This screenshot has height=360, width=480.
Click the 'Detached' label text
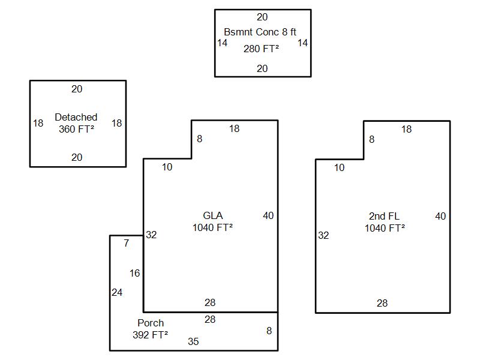(76, 117)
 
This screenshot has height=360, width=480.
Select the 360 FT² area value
(76, 128)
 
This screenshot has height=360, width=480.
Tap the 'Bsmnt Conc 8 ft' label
(260, 32)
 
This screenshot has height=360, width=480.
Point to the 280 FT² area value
(261, 49)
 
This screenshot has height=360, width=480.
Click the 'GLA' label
(212, 216)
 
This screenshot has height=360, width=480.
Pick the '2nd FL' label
(384, 216)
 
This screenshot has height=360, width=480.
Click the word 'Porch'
(150, 323)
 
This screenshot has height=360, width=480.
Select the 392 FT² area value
(150, 335)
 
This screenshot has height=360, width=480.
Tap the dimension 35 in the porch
(193, 341)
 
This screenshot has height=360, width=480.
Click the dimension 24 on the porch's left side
(117, 292)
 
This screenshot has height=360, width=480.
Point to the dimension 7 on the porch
(126, 243)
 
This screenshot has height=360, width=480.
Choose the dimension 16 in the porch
(134, 273)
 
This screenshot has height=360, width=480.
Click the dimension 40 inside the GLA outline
(268, 215)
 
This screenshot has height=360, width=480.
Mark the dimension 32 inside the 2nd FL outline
(323, 235)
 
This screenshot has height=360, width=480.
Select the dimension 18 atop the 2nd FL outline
(406, 129)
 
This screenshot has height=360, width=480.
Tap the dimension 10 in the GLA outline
(167, 167)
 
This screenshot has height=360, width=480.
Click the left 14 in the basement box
(222, 43)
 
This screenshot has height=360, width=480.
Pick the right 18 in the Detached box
(116, 123)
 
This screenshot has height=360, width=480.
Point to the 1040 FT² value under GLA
(212, 227)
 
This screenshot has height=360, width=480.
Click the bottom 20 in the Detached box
(77, 157)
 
